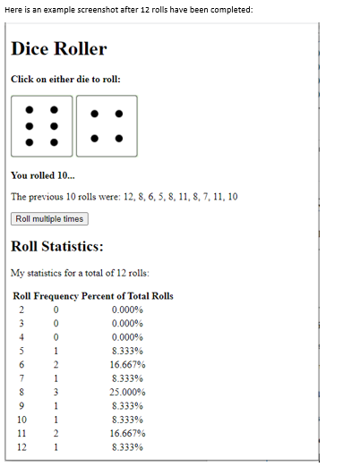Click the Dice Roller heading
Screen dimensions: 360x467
[58, 49]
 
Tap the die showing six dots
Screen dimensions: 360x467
[41, 126]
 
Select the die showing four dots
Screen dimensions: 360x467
[107, 126]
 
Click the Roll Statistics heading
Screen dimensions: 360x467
[57, 246]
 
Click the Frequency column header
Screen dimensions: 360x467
[57, 296]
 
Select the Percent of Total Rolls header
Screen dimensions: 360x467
[127, 296]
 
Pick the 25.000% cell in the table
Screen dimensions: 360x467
[127, 392]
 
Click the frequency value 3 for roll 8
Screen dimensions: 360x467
[56, 392]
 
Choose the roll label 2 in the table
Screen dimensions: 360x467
[22, 310]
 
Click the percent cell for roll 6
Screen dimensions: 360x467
[127, 365]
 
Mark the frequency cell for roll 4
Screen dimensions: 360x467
[56, 337]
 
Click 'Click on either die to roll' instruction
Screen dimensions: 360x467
[65, 79]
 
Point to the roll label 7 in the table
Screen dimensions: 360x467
[22, 378]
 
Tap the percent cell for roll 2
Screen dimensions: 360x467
[127, 310]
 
